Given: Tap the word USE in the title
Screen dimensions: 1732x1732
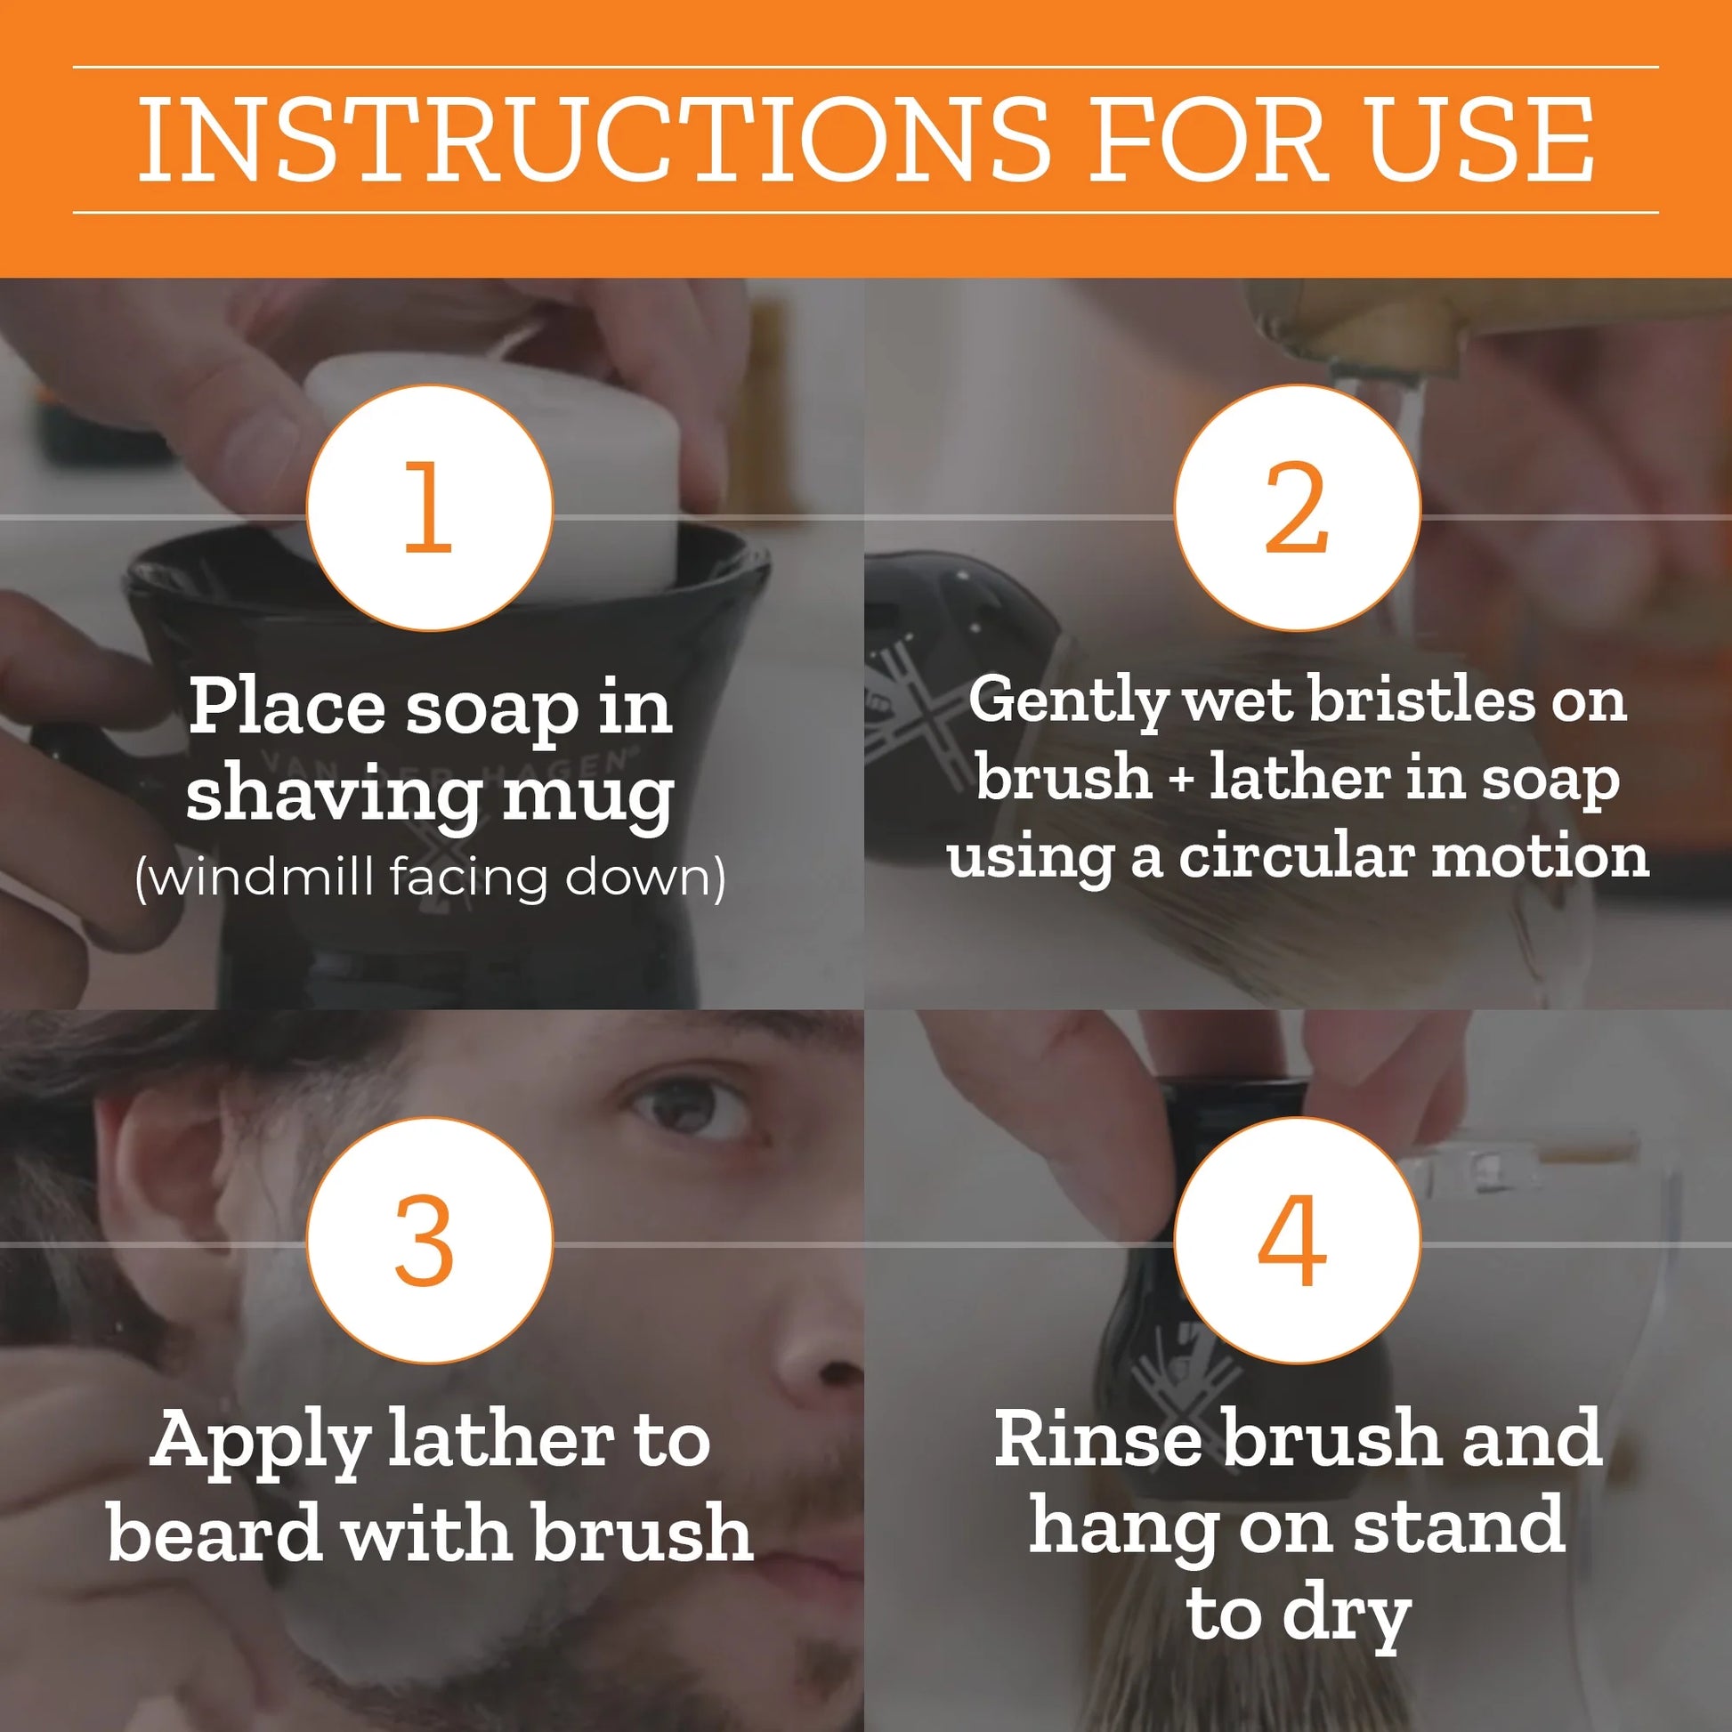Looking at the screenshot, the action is [1479, 140].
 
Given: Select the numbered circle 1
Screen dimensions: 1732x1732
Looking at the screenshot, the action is [429, 507].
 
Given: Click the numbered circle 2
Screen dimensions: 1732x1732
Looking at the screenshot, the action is [1297, 507].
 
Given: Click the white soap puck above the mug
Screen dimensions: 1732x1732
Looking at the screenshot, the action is [502, 466].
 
